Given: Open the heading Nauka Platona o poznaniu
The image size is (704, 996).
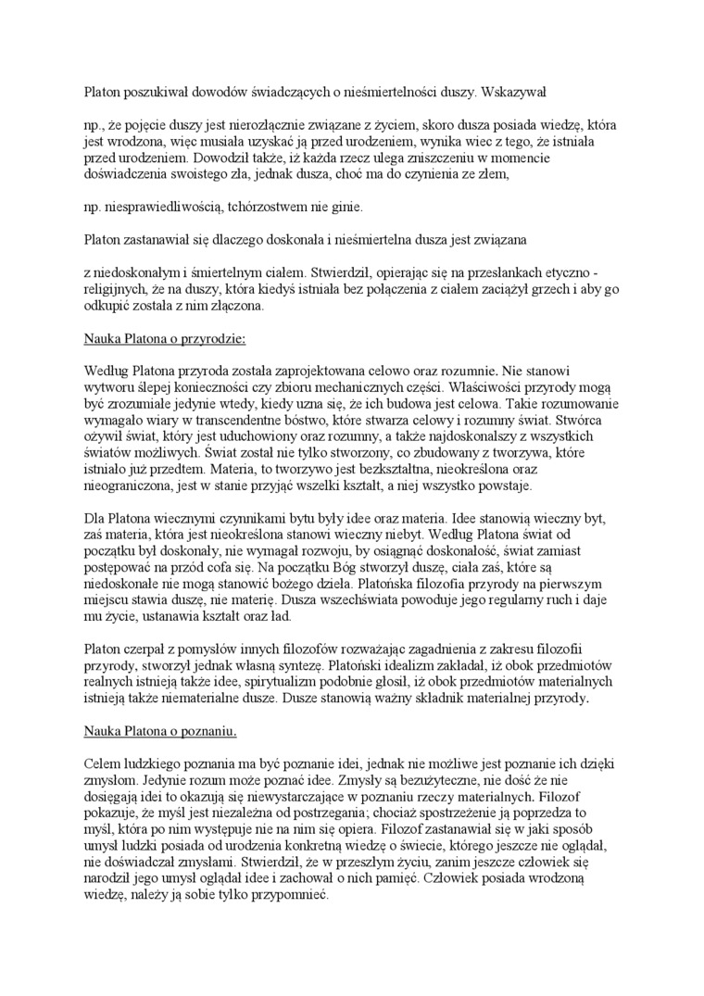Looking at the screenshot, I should click(160, 732).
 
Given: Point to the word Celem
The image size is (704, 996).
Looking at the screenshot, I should click(102, 763).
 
